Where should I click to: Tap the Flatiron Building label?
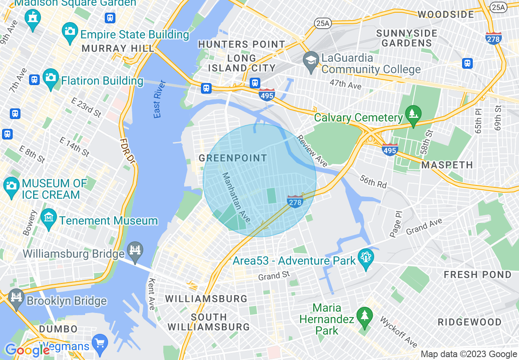pos(102,81)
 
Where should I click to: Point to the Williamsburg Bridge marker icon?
pos(135,249)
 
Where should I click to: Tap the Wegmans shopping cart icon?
pos(99,342)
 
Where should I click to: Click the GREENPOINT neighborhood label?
pos(232,158)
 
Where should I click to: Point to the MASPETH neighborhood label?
pos(447,165)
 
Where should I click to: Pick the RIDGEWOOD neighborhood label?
pos(469,322)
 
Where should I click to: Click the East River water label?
pos(159,99)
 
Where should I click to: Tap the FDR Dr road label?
pos(127,151)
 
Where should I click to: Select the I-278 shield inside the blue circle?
pos(295,202)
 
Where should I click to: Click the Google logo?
pos(27,350)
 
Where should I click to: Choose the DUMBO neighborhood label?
pos(59,329)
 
